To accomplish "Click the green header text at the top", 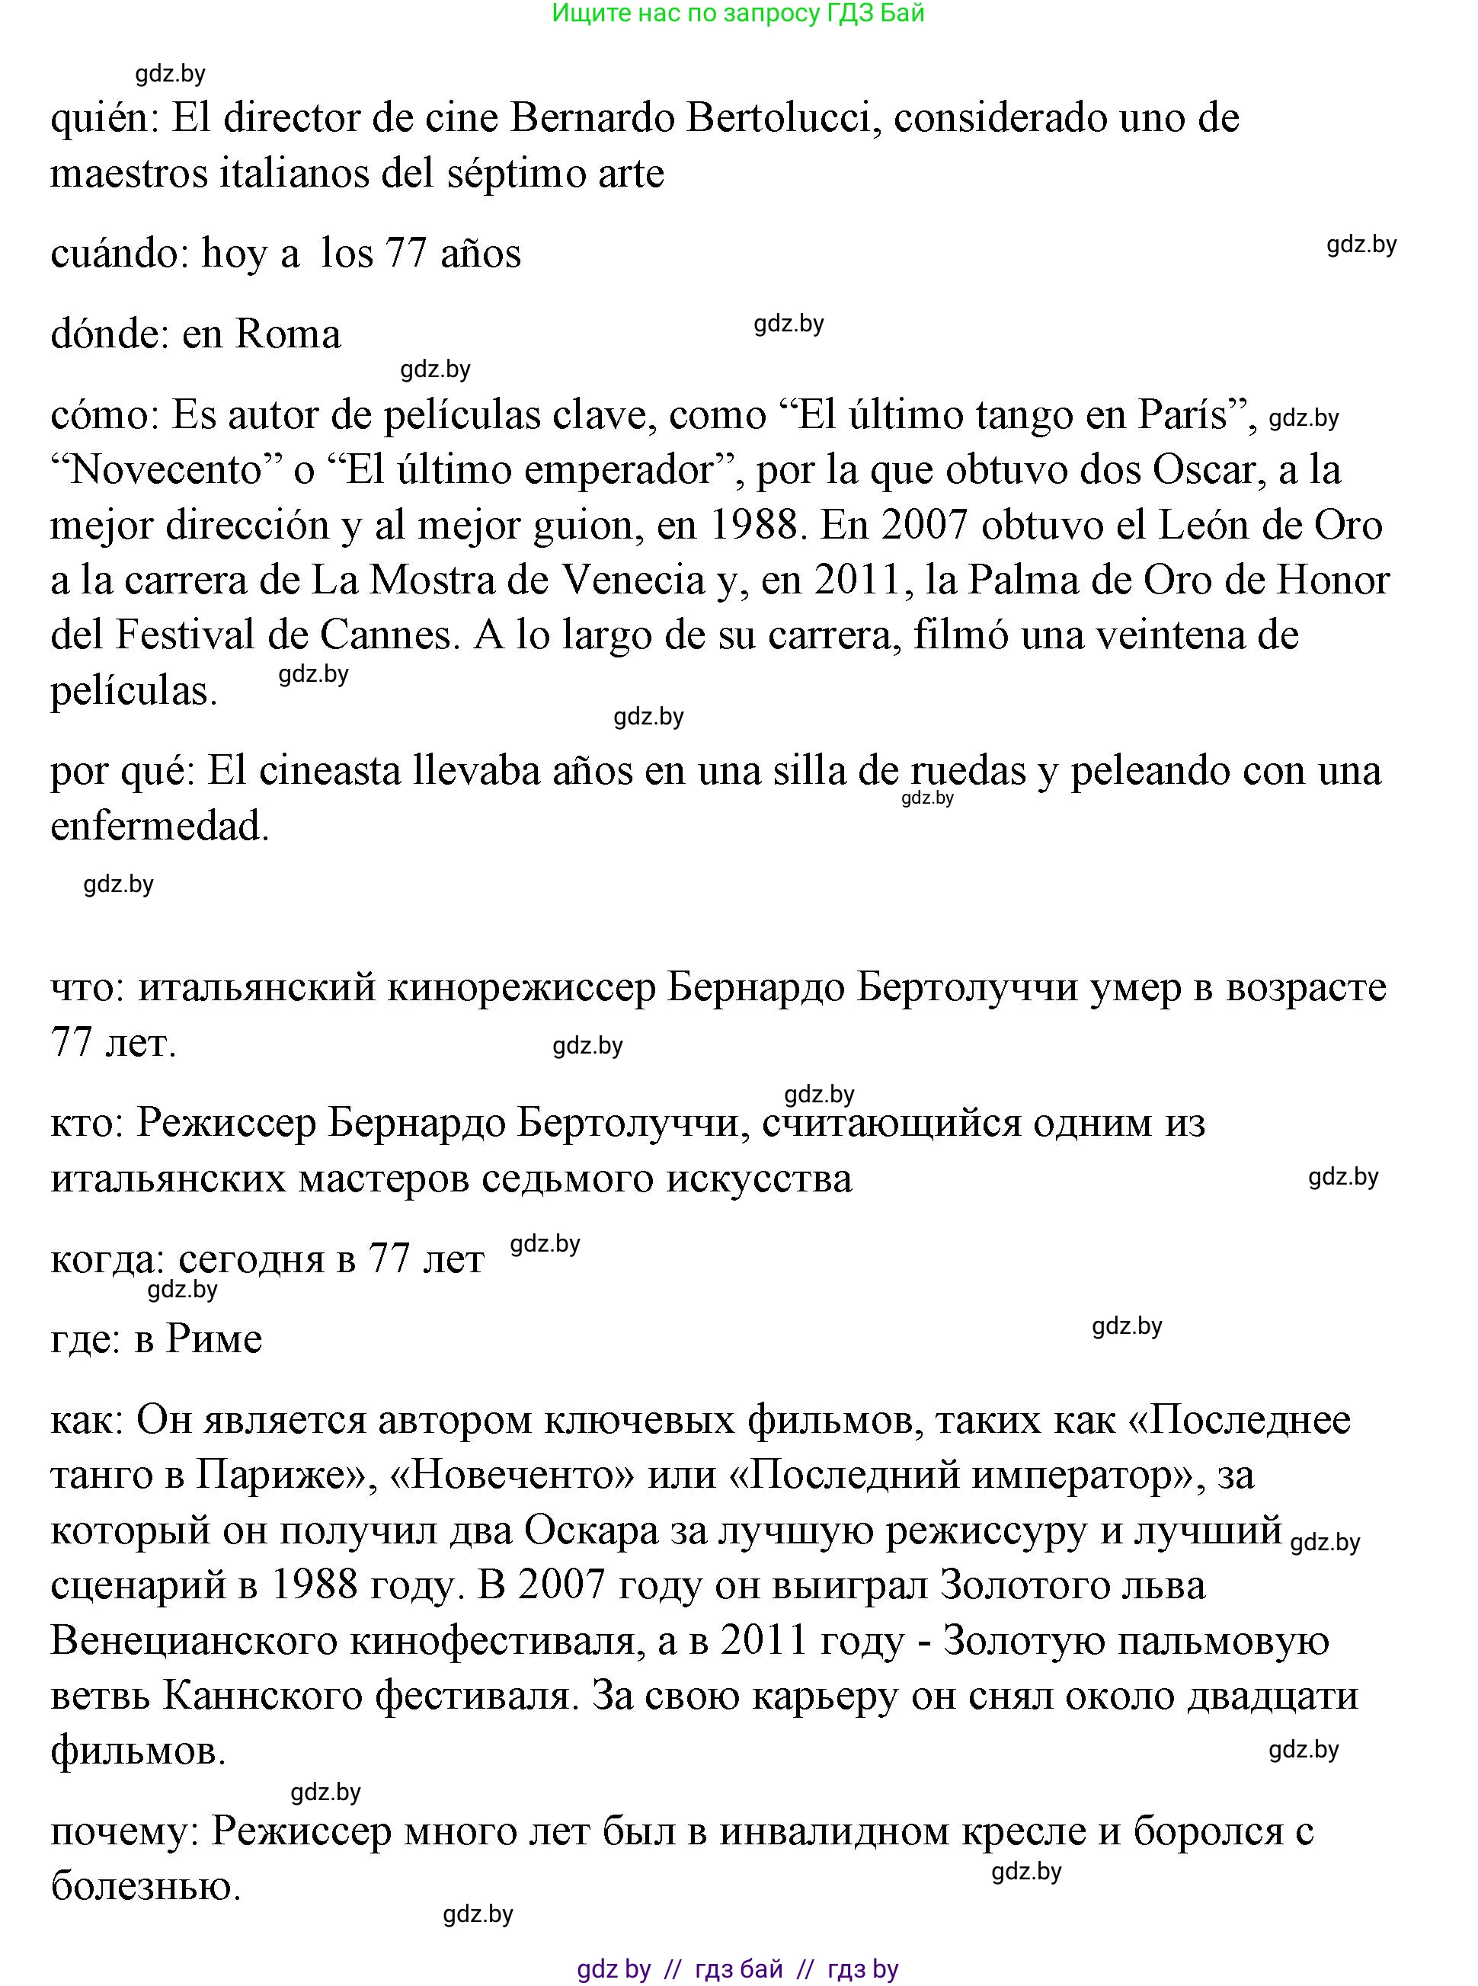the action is (738, 14).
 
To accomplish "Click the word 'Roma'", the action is (287, 334).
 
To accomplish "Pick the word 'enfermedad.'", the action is (160, 827).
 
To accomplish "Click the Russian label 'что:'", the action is (88, 987).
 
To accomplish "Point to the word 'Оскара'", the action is (591, 1530).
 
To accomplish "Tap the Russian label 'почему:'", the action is (124, 1831).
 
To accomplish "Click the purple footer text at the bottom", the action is (738, 1968).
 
